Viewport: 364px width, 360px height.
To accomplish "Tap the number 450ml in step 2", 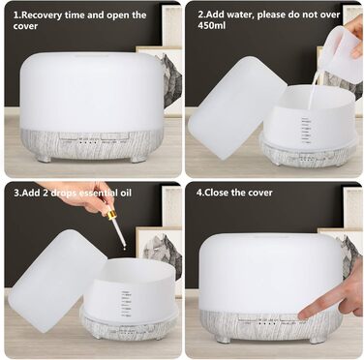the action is (x=212, y=25).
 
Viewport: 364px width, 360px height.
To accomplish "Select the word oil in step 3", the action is (x=125, y=193).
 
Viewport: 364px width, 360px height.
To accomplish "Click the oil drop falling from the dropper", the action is (x=123, y=248).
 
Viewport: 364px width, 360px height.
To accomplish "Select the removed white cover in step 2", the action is (x=236, y=108).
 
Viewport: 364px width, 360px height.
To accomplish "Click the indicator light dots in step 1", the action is (x=88, y=142).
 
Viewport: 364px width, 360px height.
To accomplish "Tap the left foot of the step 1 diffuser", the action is (x=43, y=159).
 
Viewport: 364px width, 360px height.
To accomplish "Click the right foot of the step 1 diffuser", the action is (x=138, y=159).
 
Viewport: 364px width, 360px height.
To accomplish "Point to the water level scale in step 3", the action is (x=127, y=304).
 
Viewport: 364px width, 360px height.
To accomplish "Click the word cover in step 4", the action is (x=260, y=193).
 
